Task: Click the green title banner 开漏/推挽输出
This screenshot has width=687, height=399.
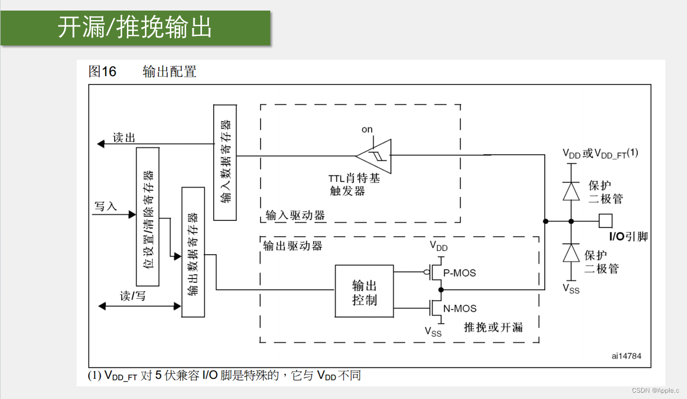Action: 135,27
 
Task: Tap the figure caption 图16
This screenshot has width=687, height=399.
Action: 102,71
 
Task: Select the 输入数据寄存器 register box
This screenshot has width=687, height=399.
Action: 225,162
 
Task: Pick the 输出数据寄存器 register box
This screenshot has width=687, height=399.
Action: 193,252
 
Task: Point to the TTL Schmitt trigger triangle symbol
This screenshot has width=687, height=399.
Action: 375,155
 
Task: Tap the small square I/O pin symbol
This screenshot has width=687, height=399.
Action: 606,220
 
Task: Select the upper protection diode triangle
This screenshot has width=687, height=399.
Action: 571,191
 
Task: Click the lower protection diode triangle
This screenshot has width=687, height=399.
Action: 571,253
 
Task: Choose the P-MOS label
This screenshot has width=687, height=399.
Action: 460,273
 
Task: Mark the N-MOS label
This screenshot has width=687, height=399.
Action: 460,309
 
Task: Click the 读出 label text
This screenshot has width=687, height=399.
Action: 124,138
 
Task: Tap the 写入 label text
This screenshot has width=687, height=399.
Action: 106,206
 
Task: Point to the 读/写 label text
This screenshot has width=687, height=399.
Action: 133,296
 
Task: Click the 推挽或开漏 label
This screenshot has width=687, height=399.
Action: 493,327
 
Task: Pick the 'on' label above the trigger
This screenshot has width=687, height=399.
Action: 367,129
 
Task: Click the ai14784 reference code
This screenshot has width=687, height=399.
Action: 626,356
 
